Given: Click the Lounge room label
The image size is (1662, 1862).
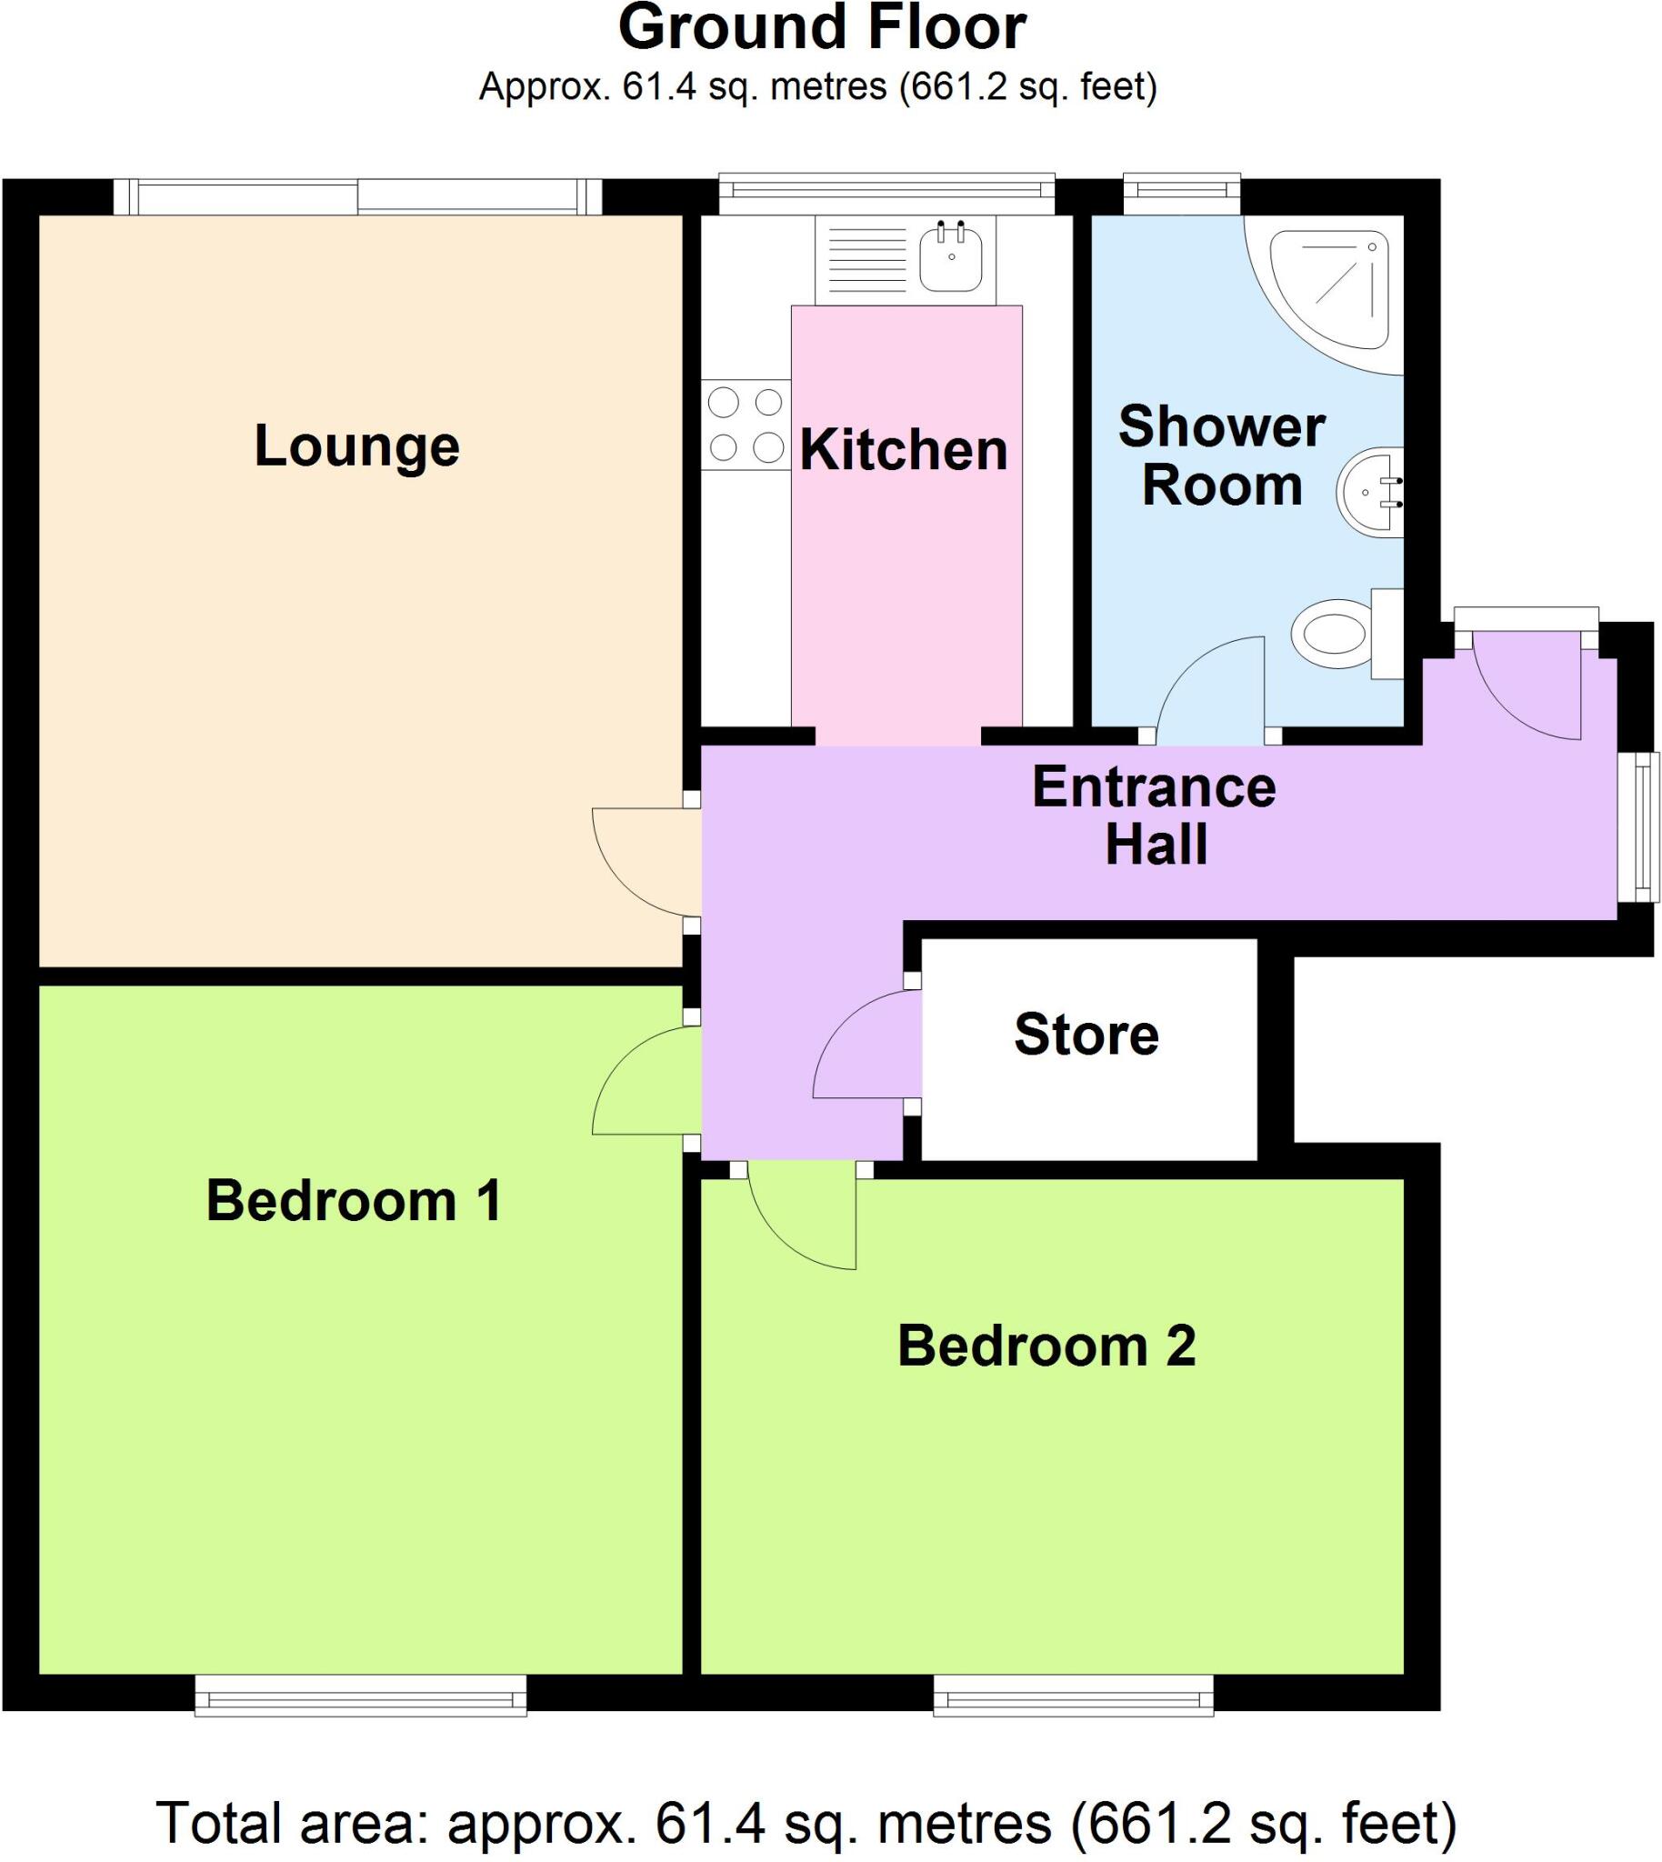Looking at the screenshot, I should [356, 446].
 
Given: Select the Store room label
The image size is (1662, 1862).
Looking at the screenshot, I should [1086, 1035].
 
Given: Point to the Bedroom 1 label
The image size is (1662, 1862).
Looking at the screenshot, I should [355, 1200].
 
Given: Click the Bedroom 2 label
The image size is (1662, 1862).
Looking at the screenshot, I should [1046, 1346].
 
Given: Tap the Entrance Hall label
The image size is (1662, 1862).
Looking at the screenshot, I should [1155, 815].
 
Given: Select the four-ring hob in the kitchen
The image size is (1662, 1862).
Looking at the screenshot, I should [746, 425].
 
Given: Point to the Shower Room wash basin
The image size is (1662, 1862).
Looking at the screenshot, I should [1370, 492].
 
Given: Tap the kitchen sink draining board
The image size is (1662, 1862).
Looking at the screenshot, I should [866, 256].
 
